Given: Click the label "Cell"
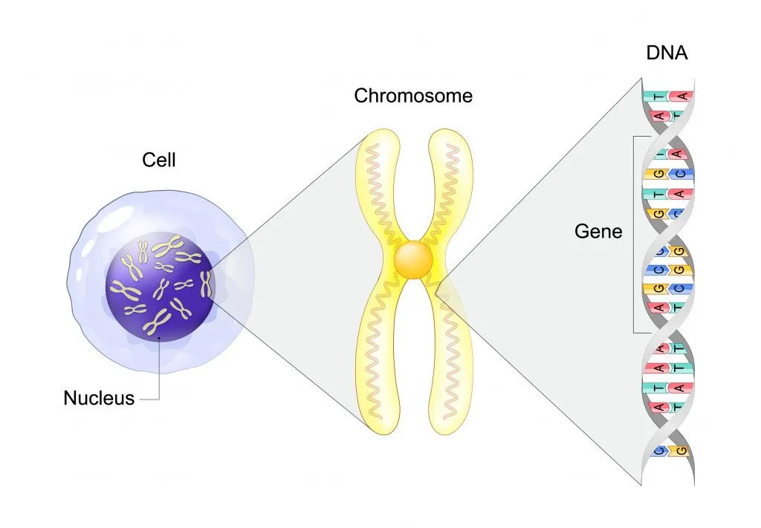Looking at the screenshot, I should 158,159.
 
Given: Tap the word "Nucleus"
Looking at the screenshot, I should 99,398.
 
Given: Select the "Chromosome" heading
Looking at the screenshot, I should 412,96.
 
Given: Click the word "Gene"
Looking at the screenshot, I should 598,232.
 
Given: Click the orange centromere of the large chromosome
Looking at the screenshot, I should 413,260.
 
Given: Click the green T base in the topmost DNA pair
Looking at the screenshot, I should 656,97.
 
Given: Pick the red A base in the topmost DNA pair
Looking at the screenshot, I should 680,97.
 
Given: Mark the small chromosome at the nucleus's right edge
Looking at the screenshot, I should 206,283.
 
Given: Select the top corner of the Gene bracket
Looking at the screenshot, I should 634,136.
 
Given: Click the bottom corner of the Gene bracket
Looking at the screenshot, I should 634,333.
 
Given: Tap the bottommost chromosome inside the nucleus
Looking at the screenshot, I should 158,324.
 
